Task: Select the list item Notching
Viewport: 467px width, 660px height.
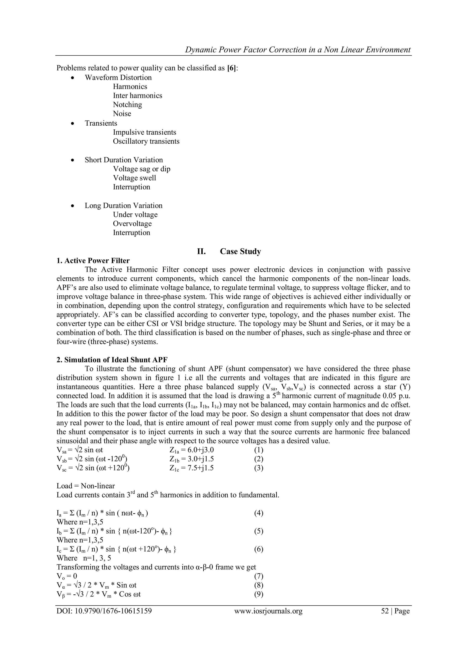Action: (x=127, y=105)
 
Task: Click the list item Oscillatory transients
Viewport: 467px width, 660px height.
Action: (x=146, y=142)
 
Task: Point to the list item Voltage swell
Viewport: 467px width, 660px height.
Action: (x=134, y=178)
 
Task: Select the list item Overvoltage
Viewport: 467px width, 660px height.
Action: (x=132, y=224)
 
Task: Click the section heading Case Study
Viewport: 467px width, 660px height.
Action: (x=240, y=252)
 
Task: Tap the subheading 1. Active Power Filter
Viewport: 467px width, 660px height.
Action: (x=93, y=261)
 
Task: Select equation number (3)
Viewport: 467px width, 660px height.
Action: (x=259, y=468)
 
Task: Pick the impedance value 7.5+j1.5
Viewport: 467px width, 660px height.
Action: (x=200, y=468)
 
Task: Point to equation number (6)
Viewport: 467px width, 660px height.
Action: (x=259, y=549)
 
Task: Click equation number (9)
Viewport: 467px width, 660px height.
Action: (x=259, y=594)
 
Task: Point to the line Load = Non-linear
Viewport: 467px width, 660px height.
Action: (x=86, y=486)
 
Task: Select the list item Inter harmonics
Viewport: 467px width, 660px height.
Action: (x=138, y=96)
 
